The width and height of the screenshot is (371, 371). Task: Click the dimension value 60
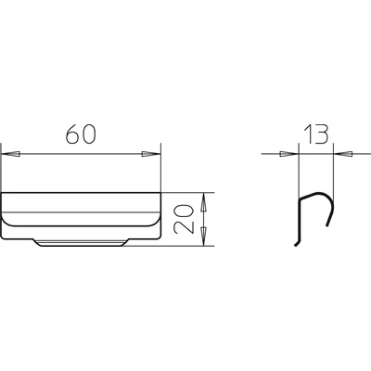point(81,134)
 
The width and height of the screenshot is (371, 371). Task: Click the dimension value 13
point(315,134)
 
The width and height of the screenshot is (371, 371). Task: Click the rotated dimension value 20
point(184,219)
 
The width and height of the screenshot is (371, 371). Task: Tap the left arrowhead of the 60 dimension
point(11,154)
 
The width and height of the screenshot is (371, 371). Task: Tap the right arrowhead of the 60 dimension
point(151,154)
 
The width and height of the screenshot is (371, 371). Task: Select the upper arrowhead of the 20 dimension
point(203,202)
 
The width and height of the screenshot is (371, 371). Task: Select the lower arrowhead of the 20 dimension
point(203,237)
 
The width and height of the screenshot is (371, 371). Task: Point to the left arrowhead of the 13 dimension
point(288,154)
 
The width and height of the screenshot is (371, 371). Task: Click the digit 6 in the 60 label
point(72,134)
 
